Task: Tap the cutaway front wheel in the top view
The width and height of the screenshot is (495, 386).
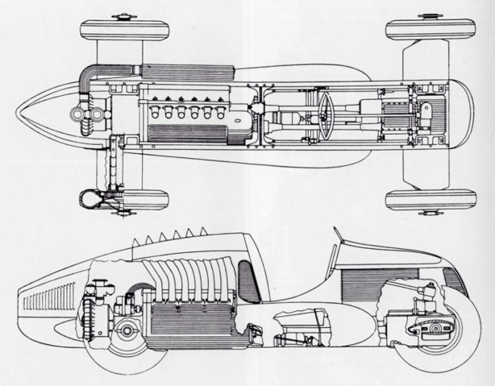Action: pos(121,198)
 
